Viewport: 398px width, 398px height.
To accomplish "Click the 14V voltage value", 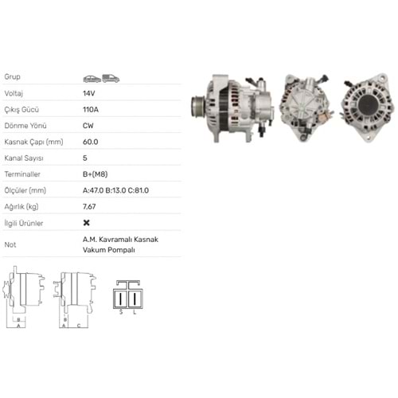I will (x=88, y=92).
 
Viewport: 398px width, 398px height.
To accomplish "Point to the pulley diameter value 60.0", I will (x=90, y=141).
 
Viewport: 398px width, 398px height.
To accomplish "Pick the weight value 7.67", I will (x=90, y=206).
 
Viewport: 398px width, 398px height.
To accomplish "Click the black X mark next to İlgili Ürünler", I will (x=86, y=223).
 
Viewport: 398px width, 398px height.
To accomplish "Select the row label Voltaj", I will (x=15, y=92).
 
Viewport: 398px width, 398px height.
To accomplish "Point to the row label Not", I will (x=10, y=244).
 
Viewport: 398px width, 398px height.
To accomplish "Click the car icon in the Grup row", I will (x=91, y=77).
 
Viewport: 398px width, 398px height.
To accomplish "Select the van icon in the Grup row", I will (x=110, y=77).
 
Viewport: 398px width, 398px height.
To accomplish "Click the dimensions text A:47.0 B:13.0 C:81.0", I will (x=116, y=190).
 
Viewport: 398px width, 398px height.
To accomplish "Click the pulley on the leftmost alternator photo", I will (x=196, y=106).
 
